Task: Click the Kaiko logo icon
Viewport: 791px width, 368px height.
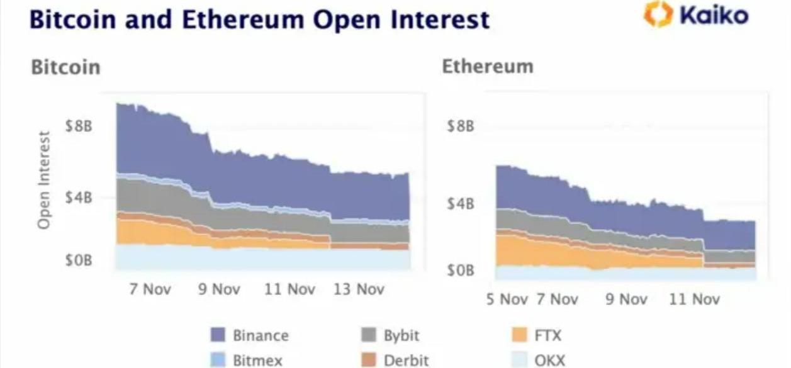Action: pyautogui.click(x=658, y=14)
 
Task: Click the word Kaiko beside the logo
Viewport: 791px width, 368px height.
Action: pyautogui.click(x=714, y=14)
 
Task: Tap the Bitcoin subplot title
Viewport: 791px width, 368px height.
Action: pyautogui.click(x=65, y=67)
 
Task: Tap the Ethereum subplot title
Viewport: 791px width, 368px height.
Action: pyautogui.click(x=487, y=66)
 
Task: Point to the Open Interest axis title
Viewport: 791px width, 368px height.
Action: pyautogui.click(x=43, y=180)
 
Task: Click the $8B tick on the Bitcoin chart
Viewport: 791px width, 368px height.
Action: pyautogui.click(x=79, y=126)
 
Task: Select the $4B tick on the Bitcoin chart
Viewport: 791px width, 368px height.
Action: pyautogui.click(x=79, y=198)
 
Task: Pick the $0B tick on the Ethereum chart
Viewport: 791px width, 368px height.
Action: pyautogui.click(x=460, y=270)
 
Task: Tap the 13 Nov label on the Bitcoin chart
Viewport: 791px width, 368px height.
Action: pyautogui.click(x=358, y=289)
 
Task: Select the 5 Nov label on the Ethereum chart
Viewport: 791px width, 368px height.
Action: pyautogui.click(x=507, y=299)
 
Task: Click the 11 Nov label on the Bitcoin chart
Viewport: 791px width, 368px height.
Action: pyautogui.click(x=289, y=289)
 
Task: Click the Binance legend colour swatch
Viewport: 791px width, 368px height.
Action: pyautogui.click(x=217, y=335)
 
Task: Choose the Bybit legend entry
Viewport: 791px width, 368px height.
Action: pyautogui.click(x=401, y=335)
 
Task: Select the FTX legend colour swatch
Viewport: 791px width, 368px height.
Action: pyautogui.click(x=520, y=335)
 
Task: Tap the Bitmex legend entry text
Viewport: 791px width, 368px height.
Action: pyautogui.click(x=257, y=360)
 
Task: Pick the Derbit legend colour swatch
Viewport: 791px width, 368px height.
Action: pyautogui.click(x=369, y=360)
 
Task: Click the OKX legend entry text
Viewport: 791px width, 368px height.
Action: pyautogui.click(x=549, y=360)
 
